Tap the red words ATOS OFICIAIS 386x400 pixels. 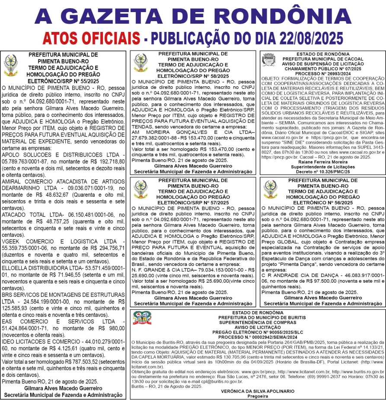coord(92,38)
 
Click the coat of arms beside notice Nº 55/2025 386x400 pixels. coord(10,66)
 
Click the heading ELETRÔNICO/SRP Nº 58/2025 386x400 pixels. coord(193,76)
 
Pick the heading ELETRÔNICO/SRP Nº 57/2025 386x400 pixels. coord(193,202)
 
